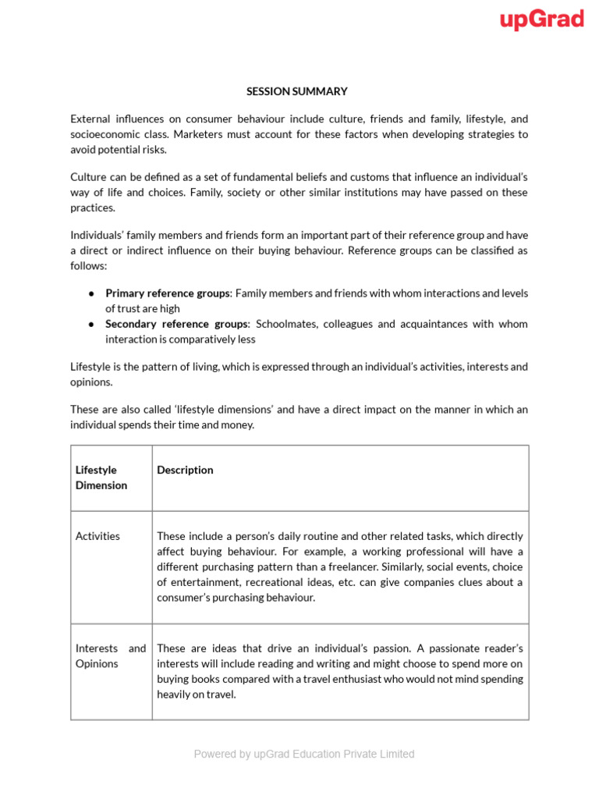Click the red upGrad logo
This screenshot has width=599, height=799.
coord(542,20)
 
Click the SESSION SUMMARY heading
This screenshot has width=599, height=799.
coord(297,91)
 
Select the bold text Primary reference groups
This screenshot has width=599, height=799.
coord(168,293)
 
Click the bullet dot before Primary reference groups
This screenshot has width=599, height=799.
coord(91,293)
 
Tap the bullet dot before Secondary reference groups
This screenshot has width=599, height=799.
coord(91,324)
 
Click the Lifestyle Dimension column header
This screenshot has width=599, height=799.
coord(101,478)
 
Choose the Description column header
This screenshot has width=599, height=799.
coord(185,470)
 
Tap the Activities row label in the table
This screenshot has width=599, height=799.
coord(97,536)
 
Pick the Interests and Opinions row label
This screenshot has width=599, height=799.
coord(110,656)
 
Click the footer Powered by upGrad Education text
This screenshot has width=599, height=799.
coord(303,754)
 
